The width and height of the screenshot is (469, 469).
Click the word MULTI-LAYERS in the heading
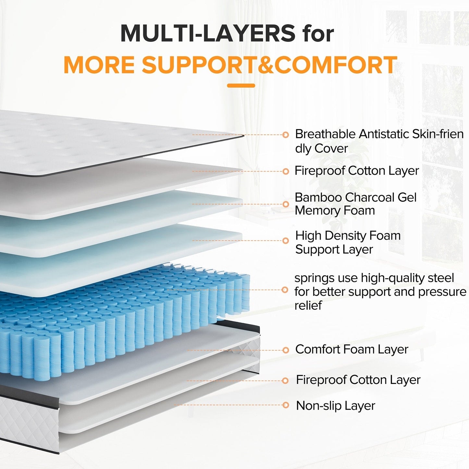(x=208, y=33)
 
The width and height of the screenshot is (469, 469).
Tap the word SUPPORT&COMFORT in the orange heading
(x=269, y=65)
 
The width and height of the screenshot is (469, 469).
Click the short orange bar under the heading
(x=241, y=86)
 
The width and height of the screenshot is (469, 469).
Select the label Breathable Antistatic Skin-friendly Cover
(x=379, y=141)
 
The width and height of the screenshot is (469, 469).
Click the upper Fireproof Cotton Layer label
(x=356, y=171)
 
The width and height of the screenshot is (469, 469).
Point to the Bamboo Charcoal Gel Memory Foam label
(x=355, y=204)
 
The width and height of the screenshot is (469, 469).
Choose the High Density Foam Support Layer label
(x=348, y=242)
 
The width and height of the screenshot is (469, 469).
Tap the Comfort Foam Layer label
(x=352, y=349)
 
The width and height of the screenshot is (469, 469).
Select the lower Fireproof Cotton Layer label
(x=358, y=380)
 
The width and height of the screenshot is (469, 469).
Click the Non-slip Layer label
(x=335, y=406)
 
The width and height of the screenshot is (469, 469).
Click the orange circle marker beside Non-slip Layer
(x=286, y=405)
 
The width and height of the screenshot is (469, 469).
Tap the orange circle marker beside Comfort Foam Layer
(x=286, y=350)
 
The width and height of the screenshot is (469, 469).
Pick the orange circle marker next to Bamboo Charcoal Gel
(x=286, y=204)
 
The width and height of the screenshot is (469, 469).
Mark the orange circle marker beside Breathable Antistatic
(x=286, y=135)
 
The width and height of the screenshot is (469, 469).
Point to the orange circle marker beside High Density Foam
(x=286, y=241)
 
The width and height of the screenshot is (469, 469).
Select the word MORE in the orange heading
(x=99, y=65)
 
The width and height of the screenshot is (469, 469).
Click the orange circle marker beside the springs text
(x=285, y=290)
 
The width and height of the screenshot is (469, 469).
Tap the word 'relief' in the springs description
(x=308, y=305)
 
